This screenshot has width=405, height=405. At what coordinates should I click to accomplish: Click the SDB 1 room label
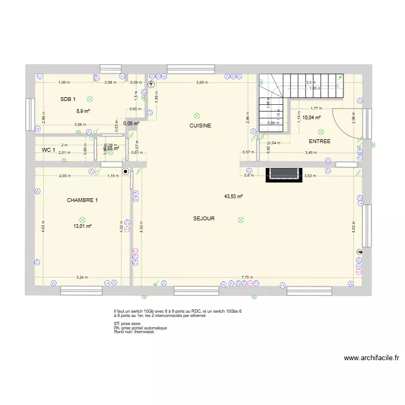[68, 99]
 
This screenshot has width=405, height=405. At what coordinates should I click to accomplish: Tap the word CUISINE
[200, 126]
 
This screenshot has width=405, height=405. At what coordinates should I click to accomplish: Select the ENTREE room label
[320, 141]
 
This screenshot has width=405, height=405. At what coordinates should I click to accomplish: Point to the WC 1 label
[49, 150]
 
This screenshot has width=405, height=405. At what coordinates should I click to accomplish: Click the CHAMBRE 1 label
[83, 200]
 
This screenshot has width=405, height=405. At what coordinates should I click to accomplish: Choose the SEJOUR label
[204, 219]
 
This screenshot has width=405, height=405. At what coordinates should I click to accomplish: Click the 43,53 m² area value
[233, 197]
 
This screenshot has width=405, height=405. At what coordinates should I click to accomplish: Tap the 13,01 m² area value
[83, 226]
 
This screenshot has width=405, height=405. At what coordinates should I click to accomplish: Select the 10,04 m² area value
[312, 117]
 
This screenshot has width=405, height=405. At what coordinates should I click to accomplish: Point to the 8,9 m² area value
[83, 111]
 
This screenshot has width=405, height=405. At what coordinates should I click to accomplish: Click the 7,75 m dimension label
[248, 277]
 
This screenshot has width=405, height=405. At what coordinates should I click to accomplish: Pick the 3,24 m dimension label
[82, 277]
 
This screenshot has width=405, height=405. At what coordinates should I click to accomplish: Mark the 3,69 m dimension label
[201, 82]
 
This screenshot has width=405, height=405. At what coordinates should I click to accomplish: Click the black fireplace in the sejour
[283, 174]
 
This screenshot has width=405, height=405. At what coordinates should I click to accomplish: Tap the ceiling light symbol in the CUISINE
[197, 116]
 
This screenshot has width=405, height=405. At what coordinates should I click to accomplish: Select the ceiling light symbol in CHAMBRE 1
[82, 219]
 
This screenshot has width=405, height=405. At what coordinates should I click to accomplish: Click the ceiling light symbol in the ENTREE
[321, 131]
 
